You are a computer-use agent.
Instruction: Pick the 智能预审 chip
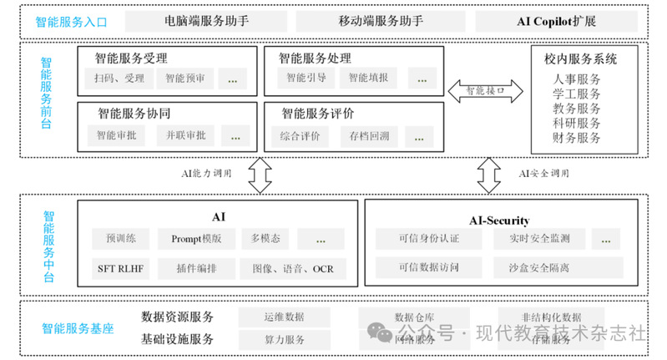coord(189,79)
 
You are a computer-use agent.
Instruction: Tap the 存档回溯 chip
coord(368,134)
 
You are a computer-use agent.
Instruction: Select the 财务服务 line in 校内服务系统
coord(577,137)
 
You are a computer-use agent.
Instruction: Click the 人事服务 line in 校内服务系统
coord(577,80)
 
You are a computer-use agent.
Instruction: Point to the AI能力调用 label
coord(206,174)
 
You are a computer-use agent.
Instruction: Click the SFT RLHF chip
coord(121,269)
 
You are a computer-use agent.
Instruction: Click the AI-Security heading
coord(499,221)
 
